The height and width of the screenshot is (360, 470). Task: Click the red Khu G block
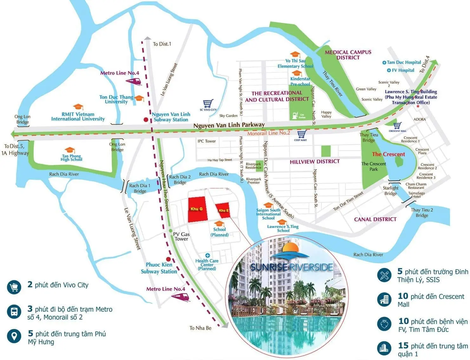197,209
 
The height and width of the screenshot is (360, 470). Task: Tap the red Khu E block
223,210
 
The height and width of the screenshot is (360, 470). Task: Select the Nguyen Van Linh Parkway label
229,125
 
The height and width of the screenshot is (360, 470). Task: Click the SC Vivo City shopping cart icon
208,104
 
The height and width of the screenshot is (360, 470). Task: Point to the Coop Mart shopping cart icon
301,134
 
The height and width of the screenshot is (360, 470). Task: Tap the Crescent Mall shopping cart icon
397,126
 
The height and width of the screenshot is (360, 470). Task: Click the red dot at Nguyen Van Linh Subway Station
146,120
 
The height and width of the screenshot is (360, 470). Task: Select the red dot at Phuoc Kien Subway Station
168,259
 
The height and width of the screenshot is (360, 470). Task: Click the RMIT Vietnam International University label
78,117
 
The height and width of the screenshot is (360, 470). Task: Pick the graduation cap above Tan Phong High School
69,150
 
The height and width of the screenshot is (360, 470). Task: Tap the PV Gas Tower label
181,237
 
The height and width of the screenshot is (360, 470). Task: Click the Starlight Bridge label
390,190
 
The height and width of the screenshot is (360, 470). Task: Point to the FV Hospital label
402,70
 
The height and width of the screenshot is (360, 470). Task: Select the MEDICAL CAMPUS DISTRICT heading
348,55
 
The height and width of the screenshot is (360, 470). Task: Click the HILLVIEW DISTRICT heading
315,162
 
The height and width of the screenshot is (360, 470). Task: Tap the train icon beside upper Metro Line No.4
133,81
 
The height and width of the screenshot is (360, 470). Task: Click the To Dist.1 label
162,44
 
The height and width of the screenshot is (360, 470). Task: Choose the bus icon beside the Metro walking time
14,312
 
